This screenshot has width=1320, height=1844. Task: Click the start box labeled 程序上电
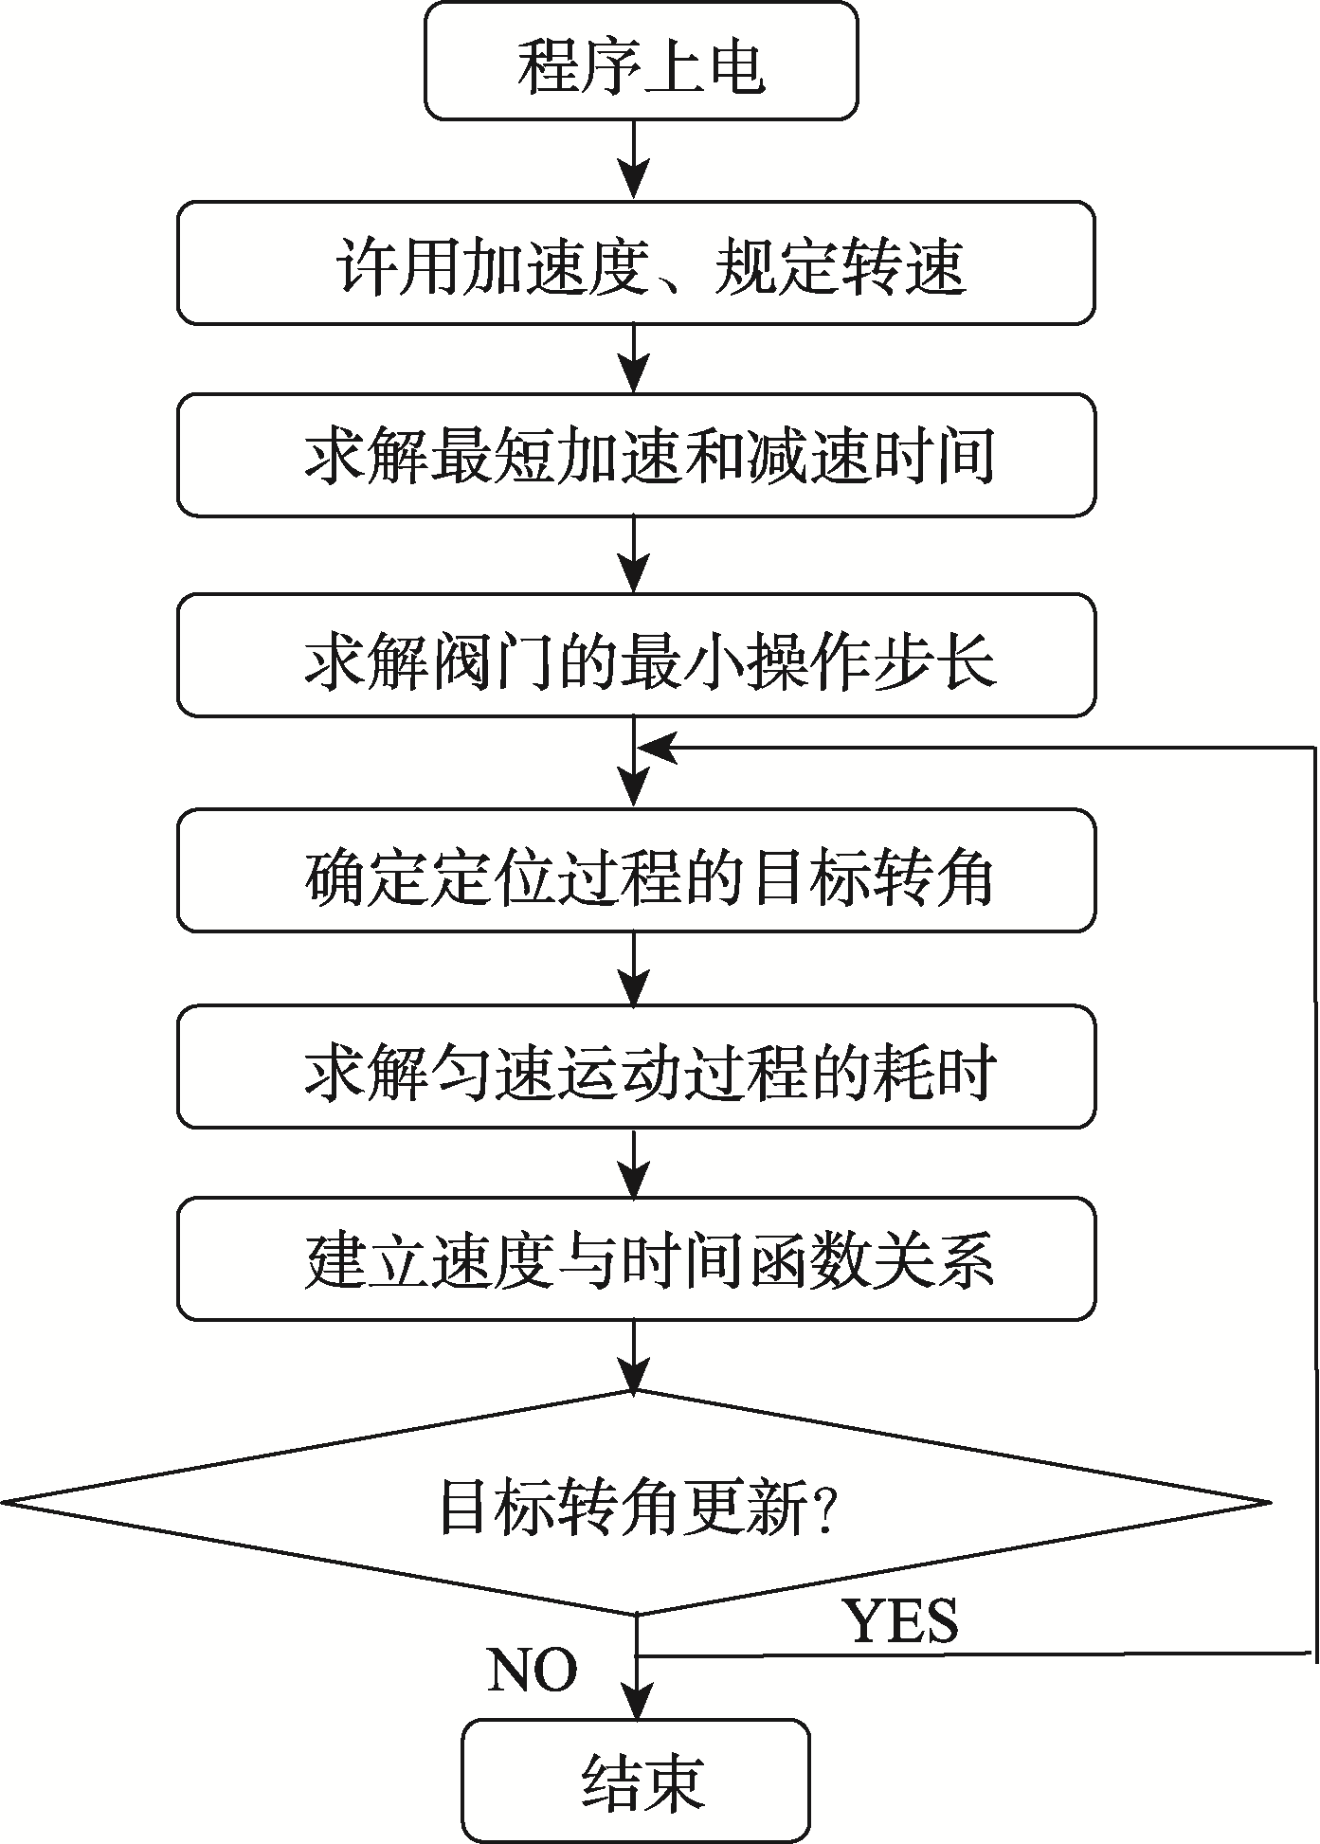click(x=642, y=62)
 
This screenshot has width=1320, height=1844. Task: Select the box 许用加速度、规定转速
click(x=637, y=262)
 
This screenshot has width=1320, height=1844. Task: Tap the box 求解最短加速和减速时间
click(x=637, y=455)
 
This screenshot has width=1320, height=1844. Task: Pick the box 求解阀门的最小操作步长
click(x=637, y=655)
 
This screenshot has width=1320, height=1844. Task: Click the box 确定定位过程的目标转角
click(x=637, y=870)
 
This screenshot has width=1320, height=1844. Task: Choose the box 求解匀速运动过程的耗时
click(x=637, y=1067)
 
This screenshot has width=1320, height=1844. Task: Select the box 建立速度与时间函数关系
click(x=637, y=1258)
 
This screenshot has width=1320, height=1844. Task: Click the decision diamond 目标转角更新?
click(x=637, y=1503)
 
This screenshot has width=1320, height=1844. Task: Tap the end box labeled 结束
click(x=637, y=1781)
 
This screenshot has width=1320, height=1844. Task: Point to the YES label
click(x=901, y=1621)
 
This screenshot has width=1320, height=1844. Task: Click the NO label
click(x=533, y=1670)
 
